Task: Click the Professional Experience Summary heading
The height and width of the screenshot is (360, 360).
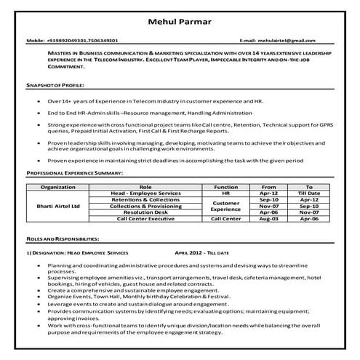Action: tap(74, 173)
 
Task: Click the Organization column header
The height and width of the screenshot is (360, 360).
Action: tap(57, 187)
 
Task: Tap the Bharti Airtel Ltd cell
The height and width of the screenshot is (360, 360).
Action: tap(57, 206)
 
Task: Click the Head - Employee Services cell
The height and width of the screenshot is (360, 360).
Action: tap(145, 193)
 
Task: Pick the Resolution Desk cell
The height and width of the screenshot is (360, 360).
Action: tap(145, 212)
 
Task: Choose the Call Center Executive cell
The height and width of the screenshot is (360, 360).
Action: tap(145, 218)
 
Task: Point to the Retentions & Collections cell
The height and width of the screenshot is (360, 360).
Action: tap(145, 199)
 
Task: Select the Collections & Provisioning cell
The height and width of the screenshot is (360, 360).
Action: tap(145, 206)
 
